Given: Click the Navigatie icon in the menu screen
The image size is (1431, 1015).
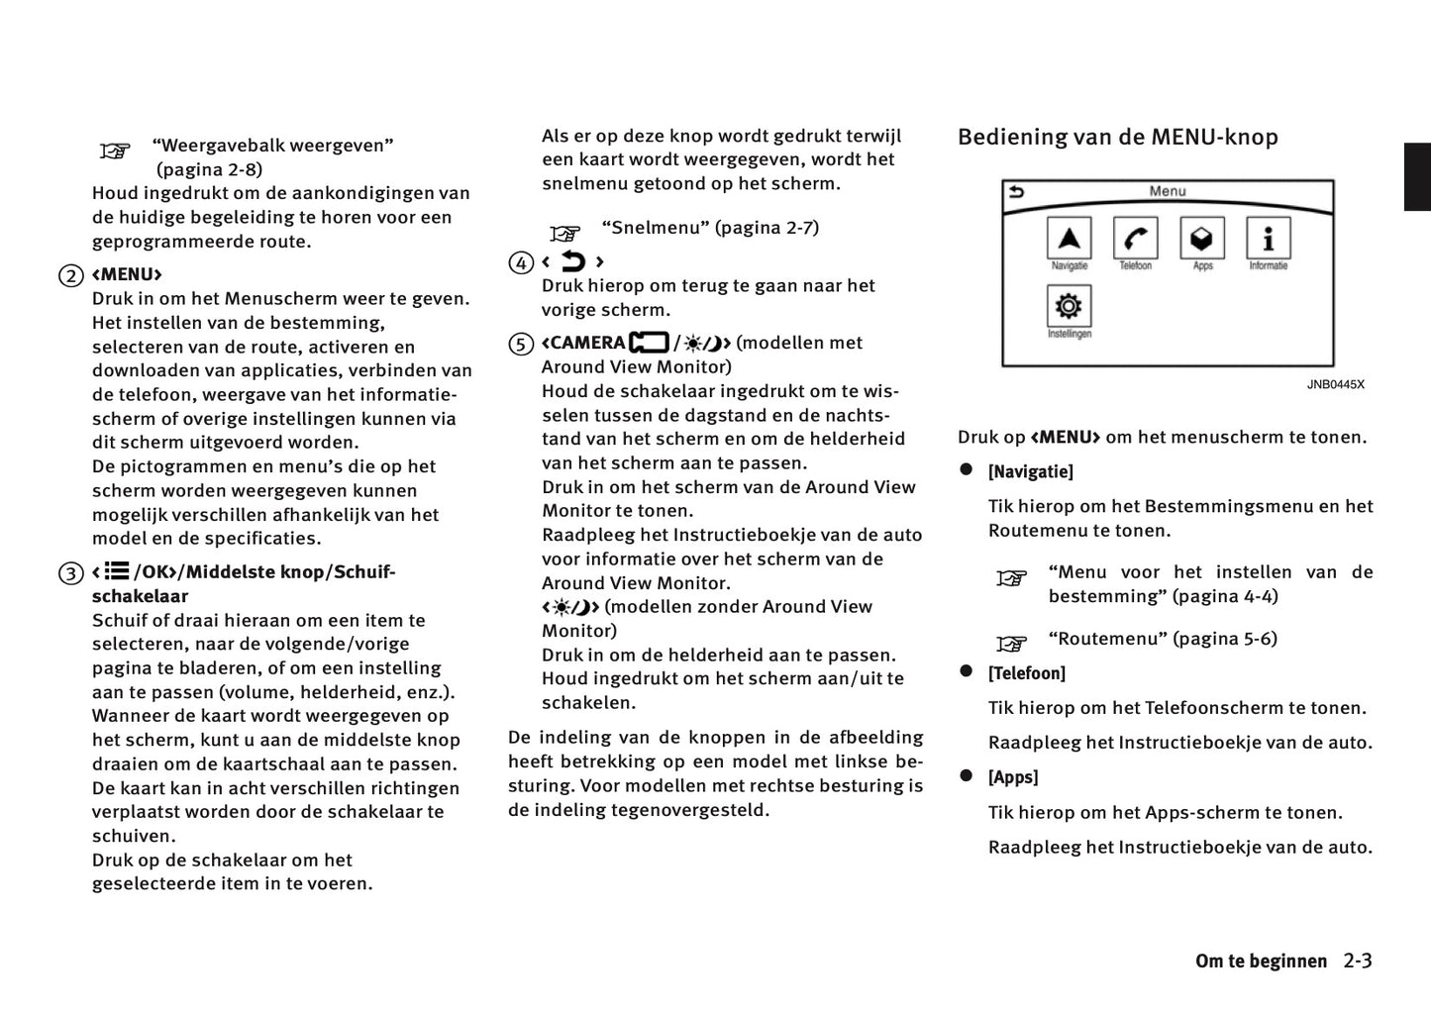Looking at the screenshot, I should (1069, 239).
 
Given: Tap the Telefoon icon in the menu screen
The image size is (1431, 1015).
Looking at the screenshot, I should (1135, 239).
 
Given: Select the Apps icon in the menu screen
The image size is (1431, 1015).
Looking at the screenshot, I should (1201, 239).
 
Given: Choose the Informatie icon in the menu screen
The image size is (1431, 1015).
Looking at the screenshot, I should (1269, 239).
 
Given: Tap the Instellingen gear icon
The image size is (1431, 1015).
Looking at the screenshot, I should (1069, 306).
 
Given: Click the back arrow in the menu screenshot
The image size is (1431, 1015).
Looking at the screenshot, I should (1016, 192).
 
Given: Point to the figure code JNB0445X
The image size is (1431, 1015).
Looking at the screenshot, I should (1335, 384).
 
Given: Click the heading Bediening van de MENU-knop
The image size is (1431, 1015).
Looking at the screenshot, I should (1117, 137).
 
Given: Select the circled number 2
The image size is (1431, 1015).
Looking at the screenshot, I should (70, 275).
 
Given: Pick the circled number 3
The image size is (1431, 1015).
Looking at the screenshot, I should (70, 573).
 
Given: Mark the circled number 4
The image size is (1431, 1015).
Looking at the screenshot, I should (521, 263).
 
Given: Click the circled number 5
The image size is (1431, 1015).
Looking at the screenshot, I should (521, 345).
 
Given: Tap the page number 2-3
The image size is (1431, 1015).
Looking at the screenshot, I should (1358, 961).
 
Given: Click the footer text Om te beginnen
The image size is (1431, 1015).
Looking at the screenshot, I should (1261, 962).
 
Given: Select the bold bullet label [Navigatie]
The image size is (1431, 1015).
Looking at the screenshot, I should (1030, 472).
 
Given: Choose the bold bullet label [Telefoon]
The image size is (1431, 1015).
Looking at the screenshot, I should (1026, 673).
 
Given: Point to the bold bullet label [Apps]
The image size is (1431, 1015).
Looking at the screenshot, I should (1013, 777).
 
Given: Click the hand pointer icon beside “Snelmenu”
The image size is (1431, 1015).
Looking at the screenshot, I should (565, 234).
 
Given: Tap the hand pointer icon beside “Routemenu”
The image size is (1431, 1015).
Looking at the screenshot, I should (1011, 645).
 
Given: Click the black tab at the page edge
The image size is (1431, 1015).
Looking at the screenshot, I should (1417, 177).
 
